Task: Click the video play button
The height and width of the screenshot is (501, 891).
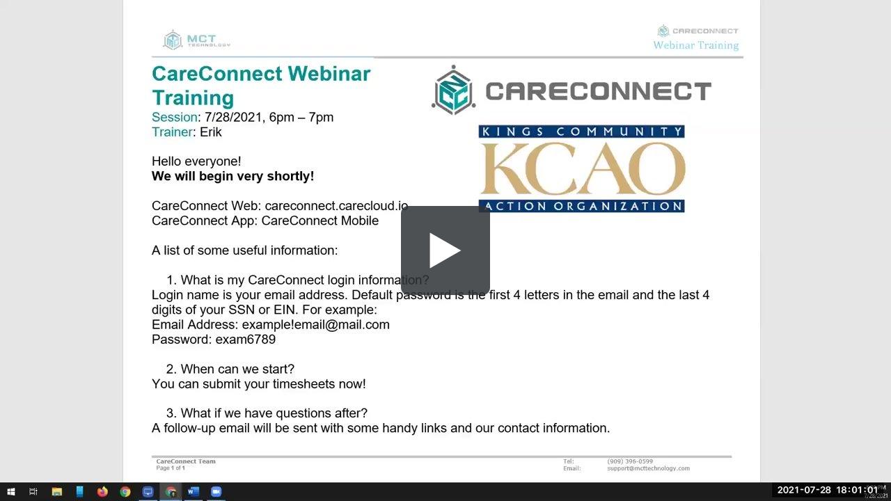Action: [445, 250]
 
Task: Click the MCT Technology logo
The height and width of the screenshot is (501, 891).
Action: [196, 40]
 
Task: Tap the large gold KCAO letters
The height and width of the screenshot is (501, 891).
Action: [582, 170]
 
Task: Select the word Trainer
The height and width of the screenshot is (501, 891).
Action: [172, 132]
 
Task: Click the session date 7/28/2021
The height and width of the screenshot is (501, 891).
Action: [234, 117]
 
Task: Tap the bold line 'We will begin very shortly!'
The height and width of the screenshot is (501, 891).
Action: [233, 176]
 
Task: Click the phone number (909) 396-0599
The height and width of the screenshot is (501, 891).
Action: [630, 461]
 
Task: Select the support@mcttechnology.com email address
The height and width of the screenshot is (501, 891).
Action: [648, 468]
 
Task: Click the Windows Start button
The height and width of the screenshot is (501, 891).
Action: [11, 492]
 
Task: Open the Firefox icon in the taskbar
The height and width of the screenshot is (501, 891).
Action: [102, 492]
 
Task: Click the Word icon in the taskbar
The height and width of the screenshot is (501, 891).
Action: [194, 492]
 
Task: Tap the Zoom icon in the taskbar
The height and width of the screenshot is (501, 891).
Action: [216, 492]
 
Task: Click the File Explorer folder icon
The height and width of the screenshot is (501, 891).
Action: [57, 492]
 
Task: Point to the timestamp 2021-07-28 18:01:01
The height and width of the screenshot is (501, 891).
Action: [828, 491]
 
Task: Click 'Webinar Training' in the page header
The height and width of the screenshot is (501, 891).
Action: [695, 45]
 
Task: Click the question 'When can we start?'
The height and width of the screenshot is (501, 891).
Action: [237, 369]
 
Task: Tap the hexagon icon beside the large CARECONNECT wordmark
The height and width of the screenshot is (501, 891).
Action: [453, 90]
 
